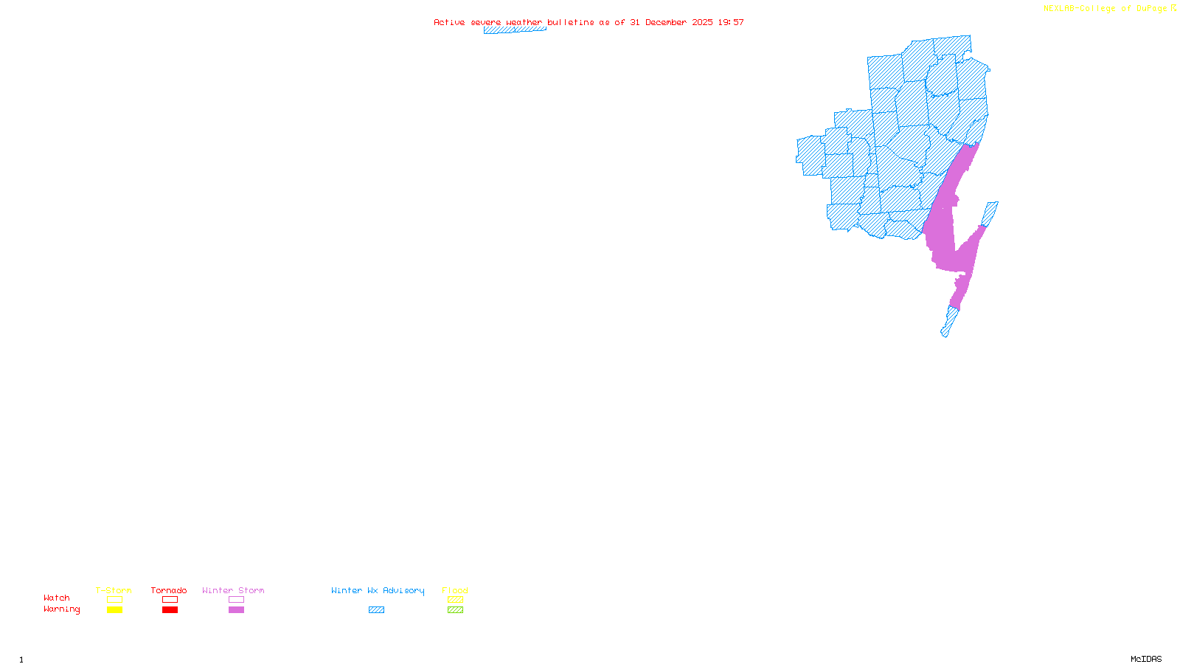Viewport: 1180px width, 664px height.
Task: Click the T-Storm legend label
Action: pyautogui.click(x=114, y=590)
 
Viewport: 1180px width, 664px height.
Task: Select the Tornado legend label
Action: pyautogui.click(x=169, y=590)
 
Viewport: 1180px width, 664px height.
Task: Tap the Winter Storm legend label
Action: pyautogui.click(x=233, y=590)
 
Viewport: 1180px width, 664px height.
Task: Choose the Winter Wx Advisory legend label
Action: pyautogui.click(x=378, y=590)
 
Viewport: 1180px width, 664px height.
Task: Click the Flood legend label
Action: pyautogui.click(x=455, y=590)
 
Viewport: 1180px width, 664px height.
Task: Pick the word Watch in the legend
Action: pyautogui.click(x=57, y=598)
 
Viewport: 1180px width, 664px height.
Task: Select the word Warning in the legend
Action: pyautogui.click(x=62, y=609)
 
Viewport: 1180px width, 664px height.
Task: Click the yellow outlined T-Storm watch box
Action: pyautogui.click(x=114, y=600)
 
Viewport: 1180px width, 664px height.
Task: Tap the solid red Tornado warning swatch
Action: pyautogui.click(x=170, y=610)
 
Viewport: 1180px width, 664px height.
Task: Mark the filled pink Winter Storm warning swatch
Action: pyautogui.click(x=236, y=610)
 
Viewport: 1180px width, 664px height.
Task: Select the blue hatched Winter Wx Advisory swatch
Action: pyautogui.click(x=376, y=610)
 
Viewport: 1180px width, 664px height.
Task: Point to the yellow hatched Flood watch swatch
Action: pyautogui.click(x=455, y=600)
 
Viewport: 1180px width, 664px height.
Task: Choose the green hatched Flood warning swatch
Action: pyautogui.click(x=455, y=610)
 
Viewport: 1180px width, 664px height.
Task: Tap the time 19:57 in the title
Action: pyautogui.click(x=731, y=22)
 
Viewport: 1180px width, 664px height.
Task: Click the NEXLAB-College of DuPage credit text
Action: pyautogui.click(x=1106, y=9)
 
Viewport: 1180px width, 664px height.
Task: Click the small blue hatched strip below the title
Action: pyautogui.click(x=514, y=30)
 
